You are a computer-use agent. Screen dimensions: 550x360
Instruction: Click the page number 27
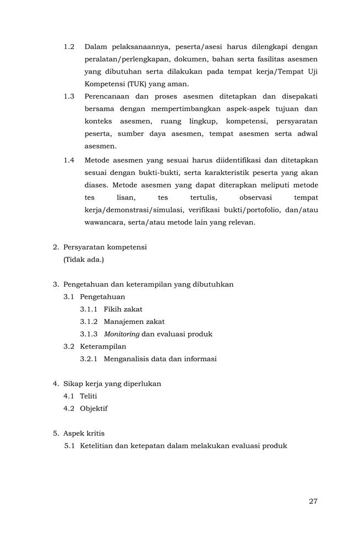click(x=313, y=501)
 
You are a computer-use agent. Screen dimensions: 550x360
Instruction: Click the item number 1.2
click(x=69, y=47)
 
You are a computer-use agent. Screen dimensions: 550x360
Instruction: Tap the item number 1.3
click(x=69, y=96)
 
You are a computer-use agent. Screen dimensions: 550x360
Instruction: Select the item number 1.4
click(x=69, y=160)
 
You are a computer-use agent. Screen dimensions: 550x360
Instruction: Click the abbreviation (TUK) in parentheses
click(x=137, y=84)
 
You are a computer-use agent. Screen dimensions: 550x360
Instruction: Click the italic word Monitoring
click(x=122, y=334)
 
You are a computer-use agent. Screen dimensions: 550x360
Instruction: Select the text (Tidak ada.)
click(x=84, y=259)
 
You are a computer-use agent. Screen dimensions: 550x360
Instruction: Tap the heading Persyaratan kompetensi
click(x=105, y=247)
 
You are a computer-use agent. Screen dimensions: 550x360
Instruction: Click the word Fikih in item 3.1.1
click(x=113, y=309)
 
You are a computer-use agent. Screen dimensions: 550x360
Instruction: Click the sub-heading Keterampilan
click(x=103, y=346)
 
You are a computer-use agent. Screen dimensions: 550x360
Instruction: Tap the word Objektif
click(x=94, y=409)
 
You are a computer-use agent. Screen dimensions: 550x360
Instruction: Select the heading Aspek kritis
click(x=84, y=433)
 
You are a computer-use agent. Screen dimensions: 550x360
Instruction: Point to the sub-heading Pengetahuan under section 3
click(x=102, y=297)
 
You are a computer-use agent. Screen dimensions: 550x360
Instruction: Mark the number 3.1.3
click(x=89, y=334)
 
